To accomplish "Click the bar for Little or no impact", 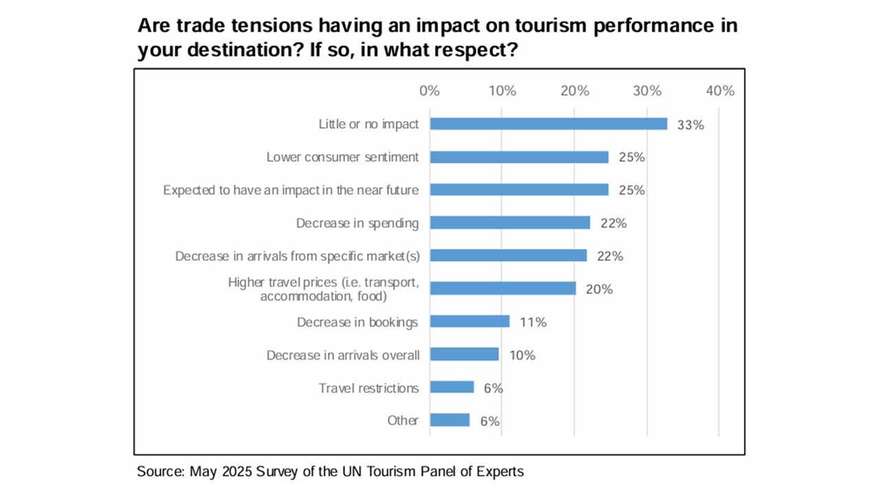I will tap(548, 124).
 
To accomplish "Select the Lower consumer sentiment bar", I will tap(519, 157).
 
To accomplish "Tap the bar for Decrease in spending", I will tap(509, 223).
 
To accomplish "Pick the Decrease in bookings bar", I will tap(470, 322).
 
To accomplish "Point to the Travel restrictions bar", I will tap(452, 388).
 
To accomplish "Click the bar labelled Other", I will tap(450, 420).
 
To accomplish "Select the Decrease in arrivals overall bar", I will tap(464, 355).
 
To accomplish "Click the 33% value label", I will tap(691, 124).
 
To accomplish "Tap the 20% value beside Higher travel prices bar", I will tap(599, 289).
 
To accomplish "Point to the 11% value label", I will tap(532, 322).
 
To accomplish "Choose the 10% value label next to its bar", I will tap(521, 355).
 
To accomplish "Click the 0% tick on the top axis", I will tap(429, 91).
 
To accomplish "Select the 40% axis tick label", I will tap(720, 91).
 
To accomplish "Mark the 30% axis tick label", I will tap(647, 91).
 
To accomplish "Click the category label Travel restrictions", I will tap(368, 388).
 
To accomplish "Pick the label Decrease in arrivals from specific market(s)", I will tap(297, 256).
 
